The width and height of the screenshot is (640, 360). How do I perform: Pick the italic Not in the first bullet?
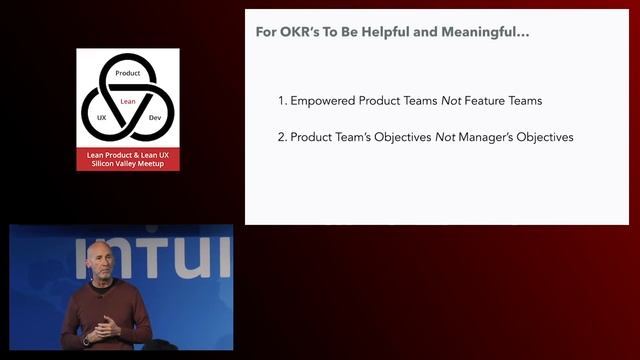pos(452,101)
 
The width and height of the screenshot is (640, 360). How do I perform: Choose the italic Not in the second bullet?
pos(446,137)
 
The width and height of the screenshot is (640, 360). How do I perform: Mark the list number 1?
pos(281,101)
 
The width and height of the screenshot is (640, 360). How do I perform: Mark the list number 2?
pos(281,137)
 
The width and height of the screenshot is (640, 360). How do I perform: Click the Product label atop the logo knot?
pos(128,74)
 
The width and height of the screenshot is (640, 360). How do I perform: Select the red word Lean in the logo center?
pos(128,101)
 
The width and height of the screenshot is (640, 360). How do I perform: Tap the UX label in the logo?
pos(101,118)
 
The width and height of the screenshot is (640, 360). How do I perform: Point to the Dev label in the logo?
pos(154,118)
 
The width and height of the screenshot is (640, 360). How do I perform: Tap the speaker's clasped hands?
pos(106,326)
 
